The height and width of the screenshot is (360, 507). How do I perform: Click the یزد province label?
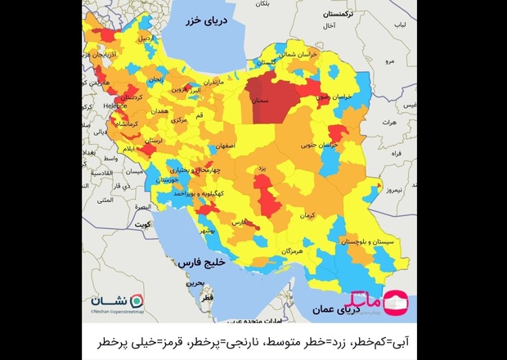[x=262, y=167]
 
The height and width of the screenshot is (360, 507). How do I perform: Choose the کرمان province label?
[x=307, y=215]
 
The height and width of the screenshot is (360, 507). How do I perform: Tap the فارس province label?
[x=240, y=222]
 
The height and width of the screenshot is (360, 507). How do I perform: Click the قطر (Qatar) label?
[x=207, y=298]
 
